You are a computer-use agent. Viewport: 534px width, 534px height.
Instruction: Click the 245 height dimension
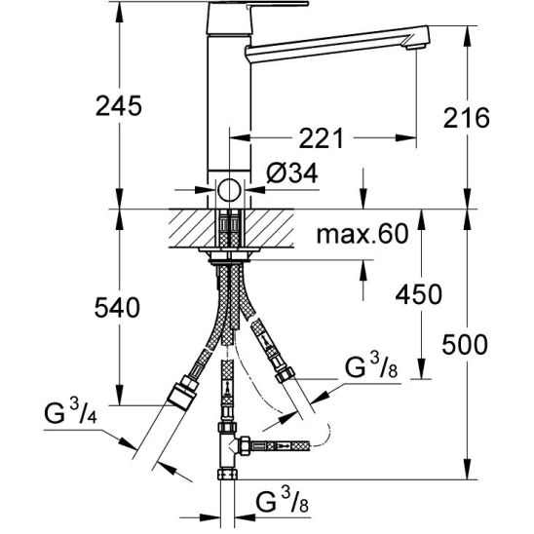click(119, 106)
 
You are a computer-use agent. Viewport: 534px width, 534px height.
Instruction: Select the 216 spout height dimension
click(466, 118)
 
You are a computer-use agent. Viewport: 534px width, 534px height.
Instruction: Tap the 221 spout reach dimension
click(322, 138)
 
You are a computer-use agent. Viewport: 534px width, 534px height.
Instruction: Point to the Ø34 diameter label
click(292, 173)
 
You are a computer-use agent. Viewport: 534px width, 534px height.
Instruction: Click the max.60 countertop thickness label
click(362, 234)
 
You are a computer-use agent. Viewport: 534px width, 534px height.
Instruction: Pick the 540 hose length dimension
click(117, 307)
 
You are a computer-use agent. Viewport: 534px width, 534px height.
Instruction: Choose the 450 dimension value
click(419, 294)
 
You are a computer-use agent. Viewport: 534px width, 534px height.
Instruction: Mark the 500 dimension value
click(465, 345)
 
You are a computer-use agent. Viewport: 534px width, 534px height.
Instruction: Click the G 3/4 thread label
click(71, 412)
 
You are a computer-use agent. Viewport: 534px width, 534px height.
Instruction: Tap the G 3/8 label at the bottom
click(282, 501)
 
